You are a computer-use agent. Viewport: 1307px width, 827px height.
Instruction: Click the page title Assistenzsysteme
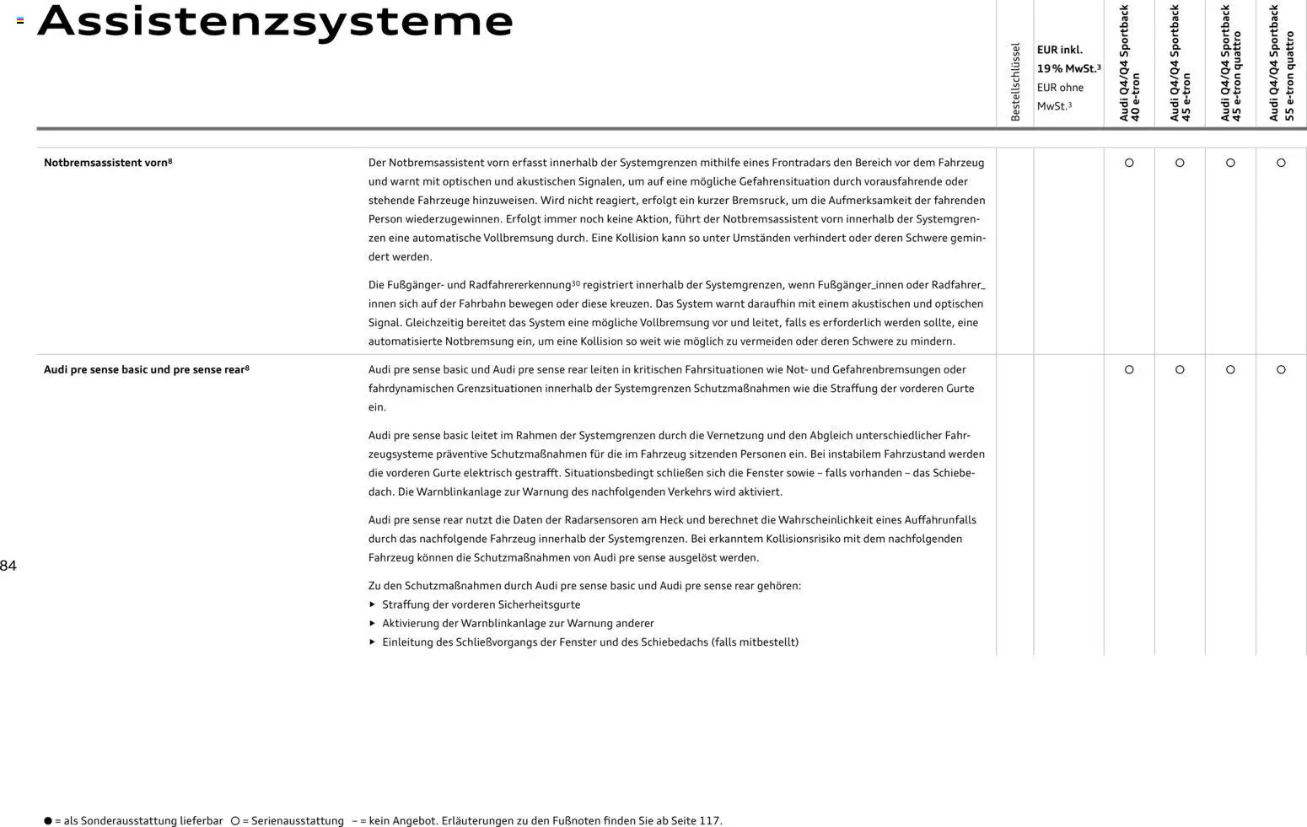(275, 22)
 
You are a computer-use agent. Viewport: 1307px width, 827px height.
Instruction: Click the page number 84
(8, 566)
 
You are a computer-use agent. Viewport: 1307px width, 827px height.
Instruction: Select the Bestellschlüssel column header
(1015, 82)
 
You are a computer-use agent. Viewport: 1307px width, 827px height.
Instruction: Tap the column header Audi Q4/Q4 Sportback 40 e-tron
(1129, 63)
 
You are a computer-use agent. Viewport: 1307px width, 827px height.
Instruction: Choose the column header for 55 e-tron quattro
(1281, 63)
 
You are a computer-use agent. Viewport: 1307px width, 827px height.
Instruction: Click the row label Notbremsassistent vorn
(107, 163)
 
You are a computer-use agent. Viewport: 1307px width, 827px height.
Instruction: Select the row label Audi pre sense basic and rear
(146, 369)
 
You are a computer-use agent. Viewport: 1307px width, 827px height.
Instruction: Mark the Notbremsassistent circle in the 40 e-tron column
(1129, 163)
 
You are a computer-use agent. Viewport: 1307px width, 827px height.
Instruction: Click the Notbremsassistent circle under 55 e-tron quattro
(1281, 163)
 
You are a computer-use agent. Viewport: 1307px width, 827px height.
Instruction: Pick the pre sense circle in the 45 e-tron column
(1180, 369)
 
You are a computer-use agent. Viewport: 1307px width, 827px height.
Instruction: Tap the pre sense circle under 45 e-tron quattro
(1230, 369)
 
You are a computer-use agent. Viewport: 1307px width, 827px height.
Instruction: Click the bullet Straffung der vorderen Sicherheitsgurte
(481, 604)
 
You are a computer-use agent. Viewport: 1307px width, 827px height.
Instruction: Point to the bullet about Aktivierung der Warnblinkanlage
(518, 623)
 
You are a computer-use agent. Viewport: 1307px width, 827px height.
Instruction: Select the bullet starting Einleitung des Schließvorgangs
(589, 642)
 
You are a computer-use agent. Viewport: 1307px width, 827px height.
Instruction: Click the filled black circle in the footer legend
(48, 820)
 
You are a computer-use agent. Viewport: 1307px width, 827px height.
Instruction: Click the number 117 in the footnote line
(709, 820)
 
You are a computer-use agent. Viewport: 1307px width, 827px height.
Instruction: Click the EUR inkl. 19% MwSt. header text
(1068, 59)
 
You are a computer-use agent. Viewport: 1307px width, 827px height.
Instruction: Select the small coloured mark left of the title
(20, 20)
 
